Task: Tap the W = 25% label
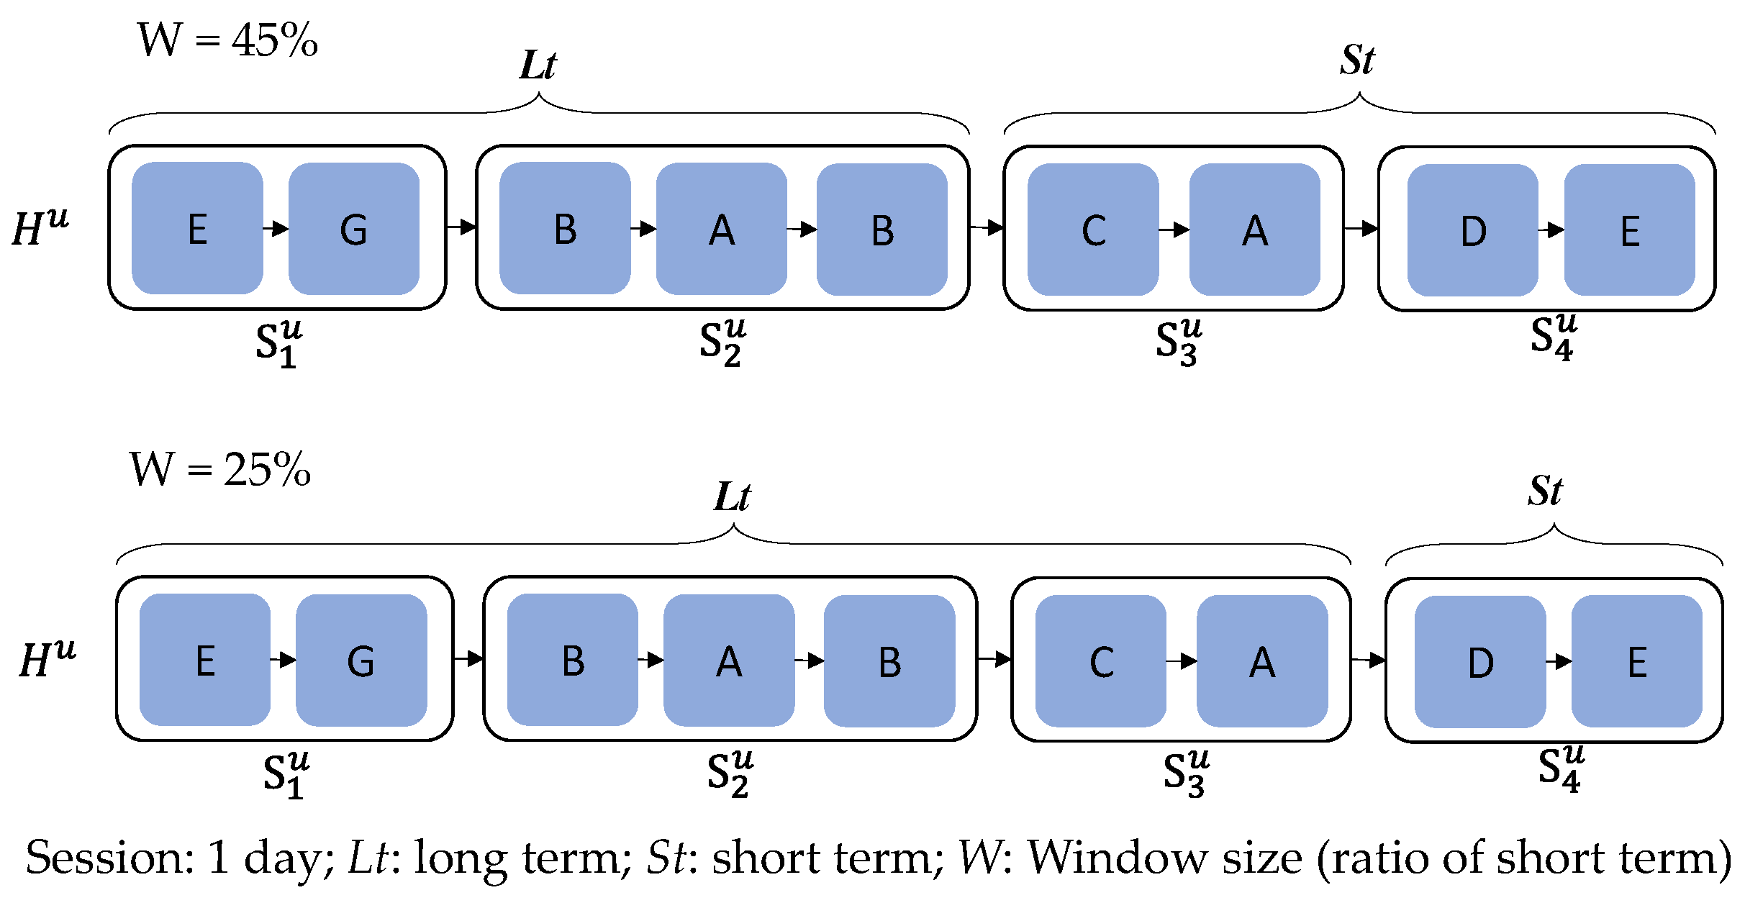pos(220,470)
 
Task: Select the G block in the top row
pos(353,229)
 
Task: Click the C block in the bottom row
pos(1100,661)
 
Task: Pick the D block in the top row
pos(1472,230)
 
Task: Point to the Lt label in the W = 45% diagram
pos(538,65)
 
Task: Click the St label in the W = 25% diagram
pos(1545,491)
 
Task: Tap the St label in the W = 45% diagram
pos(1357,60)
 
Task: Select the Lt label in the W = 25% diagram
pos(732,496)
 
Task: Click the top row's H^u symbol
pos(40,227)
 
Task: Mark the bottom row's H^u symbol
pos(47,659)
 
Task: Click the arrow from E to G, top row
pos(276,229)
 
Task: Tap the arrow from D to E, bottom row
pos(1558,661)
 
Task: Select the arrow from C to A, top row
pos(1174,230)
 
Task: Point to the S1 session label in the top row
pos(278,344)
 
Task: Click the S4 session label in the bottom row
pos(1561,769)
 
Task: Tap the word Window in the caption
pos(1164,858)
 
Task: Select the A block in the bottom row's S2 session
pos(728,661)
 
